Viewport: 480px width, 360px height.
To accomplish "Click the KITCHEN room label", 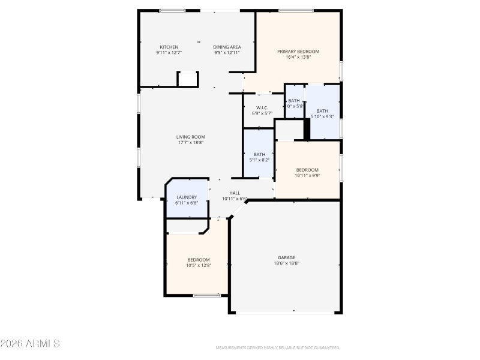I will [169, 47].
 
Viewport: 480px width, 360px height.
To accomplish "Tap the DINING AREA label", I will [227, 47].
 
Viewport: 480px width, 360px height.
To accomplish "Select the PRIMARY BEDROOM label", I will [298, 52].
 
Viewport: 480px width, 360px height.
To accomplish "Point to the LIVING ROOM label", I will [190, 137].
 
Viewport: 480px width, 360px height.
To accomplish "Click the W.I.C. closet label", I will [262, 108].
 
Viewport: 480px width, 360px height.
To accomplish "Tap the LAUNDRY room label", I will [186, 197].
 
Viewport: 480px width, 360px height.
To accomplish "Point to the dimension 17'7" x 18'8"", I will [190, 143].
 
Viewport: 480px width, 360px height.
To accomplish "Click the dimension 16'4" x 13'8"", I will [298, 58].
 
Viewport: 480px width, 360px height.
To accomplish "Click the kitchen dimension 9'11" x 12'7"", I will [169, 53].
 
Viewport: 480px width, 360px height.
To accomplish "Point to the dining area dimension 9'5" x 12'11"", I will [227, 53].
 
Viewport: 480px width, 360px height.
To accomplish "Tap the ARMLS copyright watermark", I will [30, 344].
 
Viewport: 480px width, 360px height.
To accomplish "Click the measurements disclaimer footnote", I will [278, 347].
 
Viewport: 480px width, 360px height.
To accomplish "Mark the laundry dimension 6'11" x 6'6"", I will [186, 203].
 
